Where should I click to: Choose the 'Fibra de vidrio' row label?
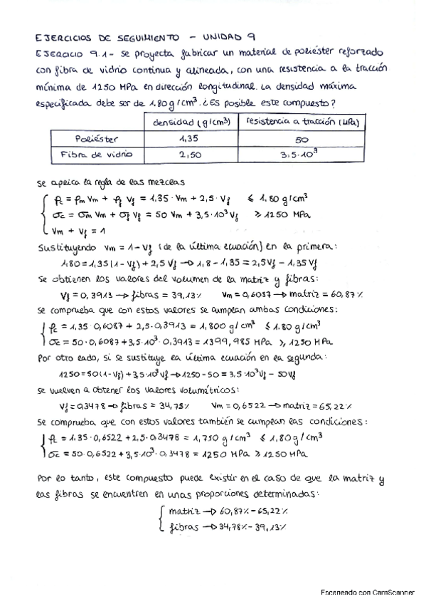click(x=98, y=155)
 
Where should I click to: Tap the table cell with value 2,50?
click(x=188, y=155)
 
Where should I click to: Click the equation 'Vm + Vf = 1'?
click(x=75, y=231)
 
